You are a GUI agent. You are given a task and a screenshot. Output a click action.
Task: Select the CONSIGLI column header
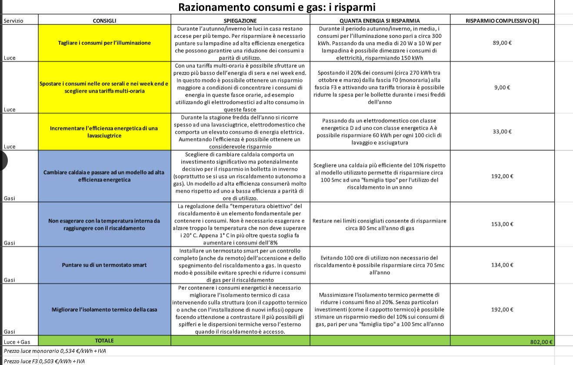tap(104, 20)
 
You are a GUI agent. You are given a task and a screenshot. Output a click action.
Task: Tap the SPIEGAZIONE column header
tap(240, 20)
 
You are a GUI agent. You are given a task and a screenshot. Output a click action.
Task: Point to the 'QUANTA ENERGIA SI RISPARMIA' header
tap(380, 20)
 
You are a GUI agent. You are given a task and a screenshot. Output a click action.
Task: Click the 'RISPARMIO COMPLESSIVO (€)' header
tap(503, 20)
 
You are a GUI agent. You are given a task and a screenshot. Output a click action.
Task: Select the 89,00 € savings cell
tap(502, 43)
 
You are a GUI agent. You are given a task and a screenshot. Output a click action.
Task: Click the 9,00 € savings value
tap(502, 87)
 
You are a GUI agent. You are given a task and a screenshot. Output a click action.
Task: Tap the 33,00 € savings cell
tap(502, 131)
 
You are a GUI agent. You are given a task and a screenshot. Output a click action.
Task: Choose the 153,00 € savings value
tap(502, 224)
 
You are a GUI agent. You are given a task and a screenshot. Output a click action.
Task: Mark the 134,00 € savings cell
tap(502, 265)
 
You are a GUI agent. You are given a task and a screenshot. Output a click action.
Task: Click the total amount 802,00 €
tap(541, 342)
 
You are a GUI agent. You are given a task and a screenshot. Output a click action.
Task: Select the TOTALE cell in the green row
tap(104, 341)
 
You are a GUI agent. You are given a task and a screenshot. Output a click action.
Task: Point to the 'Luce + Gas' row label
tap(15, 342)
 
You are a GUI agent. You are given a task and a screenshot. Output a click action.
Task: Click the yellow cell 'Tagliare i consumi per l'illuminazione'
tap(104, 43)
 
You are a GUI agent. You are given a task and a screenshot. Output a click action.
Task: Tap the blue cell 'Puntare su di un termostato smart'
tap(104, 265)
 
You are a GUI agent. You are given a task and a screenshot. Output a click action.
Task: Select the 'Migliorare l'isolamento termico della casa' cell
tap(104, 310)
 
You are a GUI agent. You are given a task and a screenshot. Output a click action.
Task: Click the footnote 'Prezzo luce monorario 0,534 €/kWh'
tap(55, 351)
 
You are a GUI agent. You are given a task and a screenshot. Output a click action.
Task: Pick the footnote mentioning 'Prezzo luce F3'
tap(44, 361)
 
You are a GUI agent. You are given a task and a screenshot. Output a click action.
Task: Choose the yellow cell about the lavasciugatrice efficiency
tap(104, 132)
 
